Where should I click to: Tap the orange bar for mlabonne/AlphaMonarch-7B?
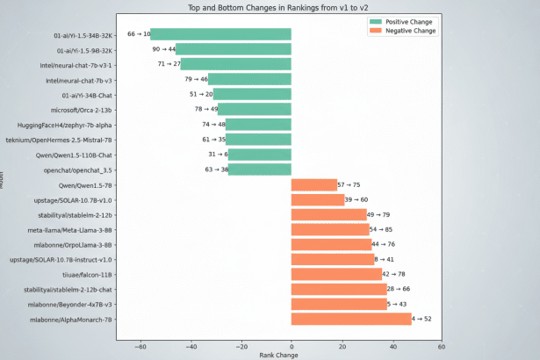click(351, 319)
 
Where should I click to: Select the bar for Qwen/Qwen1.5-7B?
click(313, 184)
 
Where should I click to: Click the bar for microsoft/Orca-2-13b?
click(254, 110)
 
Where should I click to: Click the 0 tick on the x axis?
click(292, 347)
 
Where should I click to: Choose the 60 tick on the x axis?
click(441, 347)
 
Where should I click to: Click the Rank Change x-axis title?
click(278, 355)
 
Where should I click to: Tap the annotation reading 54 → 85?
click(382, 229)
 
